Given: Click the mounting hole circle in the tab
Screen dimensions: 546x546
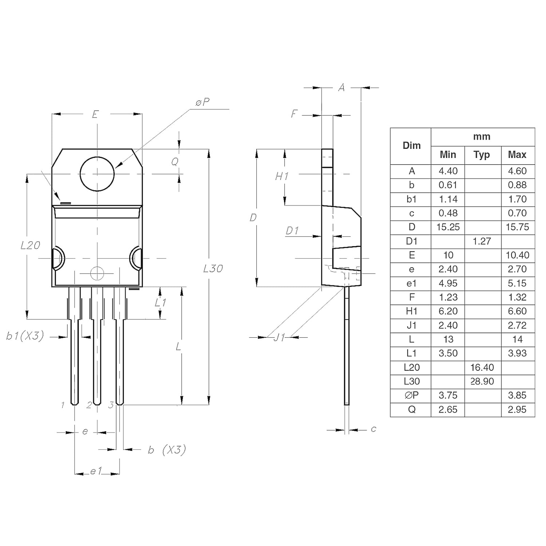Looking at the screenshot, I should (x=97, y=174).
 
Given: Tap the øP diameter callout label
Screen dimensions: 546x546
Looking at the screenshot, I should (x=202, y=103).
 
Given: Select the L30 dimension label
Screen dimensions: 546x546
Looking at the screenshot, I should (x=213, y=269).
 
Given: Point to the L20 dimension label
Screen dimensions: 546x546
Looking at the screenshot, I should (x=30, y=245).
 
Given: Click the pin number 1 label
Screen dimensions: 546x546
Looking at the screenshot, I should (x=63, y=405).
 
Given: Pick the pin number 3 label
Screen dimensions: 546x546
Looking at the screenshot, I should (x=111, y=405).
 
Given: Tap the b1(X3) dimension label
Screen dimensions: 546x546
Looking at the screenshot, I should (x=25, y=336).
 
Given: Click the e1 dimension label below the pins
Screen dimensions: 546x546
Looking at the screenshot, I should (x=96, y=471).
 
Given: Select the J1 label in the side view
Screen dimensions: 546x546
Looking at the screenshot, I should (x=279, y=337).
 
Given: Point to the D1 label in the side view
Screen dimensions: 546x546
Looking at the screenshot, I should (x=292, y=231).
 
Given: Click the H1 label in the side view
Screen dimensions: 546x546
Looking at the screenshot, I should (x=282, y=177).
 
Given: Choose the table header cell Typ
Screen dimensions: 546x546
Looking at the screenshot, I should (x=482, y=155).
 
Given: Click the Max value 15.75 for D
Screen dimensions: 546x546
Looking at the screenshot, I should (x=517, y=227).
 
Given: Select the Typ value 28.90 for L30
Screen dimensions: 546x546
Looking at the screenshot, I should (x=482, y=381).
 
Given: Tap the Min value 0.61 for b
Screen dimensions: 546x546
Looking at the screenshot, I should (x=448, y=185).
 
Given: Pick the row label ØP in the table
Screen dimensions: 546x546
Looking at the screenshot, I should (x=412, y=395).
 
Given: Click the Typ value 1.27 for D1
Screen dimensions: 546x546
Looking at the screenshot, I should (x=482, y=241).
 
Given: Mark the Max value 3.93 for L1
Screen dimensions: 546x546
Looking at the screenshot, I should (x=517, y=353).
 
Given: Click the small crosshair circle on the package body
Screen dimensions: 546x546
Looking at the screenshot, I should (x=97, y=273).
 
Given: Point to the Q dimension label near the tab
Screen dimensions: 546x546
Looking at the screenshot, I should (x=175, y=162).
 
